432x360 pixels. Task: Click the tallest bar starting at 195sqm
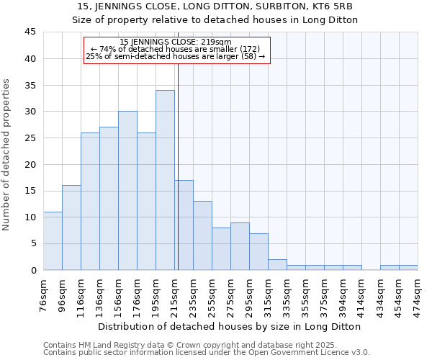point(165,180)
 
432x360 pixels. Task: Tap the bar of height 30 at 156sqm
point(127,191)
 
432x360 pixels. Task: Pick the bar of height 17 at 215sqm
point(184,225)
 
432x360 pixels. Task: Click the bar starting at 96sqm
point(71,228)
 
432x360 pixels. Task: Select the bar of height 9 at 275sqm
point(240,246)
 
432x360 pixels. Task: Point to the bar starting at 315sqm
point(277,264)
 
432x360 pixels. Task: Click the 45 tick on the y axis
point(30,32)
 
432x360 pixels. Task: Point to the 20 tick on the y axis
point(30,164)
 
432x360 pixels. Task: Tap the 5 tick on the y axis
point(33,243)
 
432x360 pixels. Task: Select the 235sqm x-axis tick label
point(193,295)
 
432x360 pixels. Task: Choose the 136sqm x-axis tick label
point(99,295)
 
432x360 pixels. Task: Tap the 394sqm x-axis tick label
point(343,295)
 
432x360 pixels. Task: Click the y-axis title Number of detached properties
point(7,155)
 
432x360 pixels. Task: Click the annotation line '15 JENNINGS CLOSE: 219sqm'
point(176,42)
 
